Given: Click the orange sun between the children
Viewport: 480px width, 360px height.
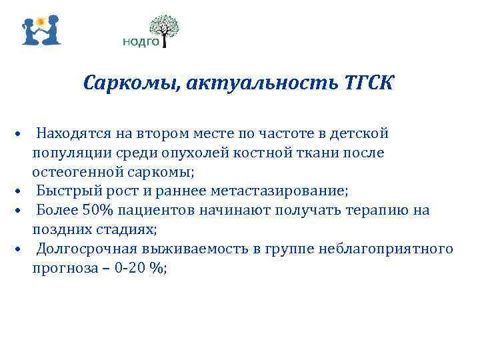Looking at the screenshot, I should tap(41, 19).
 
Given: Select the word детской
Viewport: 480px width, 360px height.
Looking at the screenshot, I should tap(363, 133).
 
